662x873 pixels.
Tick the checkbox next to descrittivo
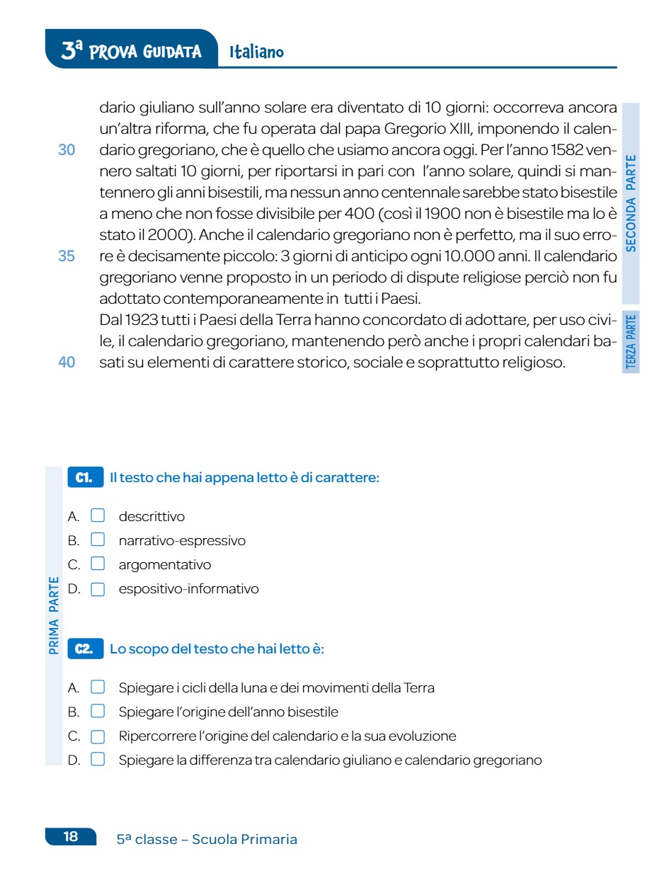(x=98, y=516)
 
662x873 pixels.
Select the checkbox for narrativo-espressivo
(x=98, y=540)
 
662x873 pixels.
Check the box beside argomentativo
(x=98, y=564)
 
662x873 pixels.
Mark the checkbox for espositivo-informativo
(x=98, y=588)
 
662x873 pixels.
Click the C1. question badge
(x=84, y=478)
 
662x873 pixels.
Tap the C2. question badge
(x=84, y=649)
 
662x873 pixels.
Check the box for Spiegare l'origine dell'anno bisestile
(x=98, y=712)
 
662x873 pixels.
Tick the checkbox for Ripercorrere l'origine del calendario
(x=98, y=736)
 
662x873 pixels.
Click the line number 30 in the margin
(x=67, y=150)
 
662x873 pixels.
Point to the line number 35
(x=67, y=256)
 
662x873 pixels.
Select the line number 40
(x=67, y=362)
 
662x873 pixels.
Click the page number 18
(x=71, y=837)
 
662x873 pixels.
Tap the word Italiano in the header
(x=256, y=52)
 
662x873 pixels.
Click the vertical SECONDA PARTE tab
(x=631, y=202)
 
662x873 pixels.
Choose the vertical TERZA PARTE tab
(x=631, y=342)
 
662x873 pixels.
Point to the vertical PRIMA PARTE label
(x=54, y=615)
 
